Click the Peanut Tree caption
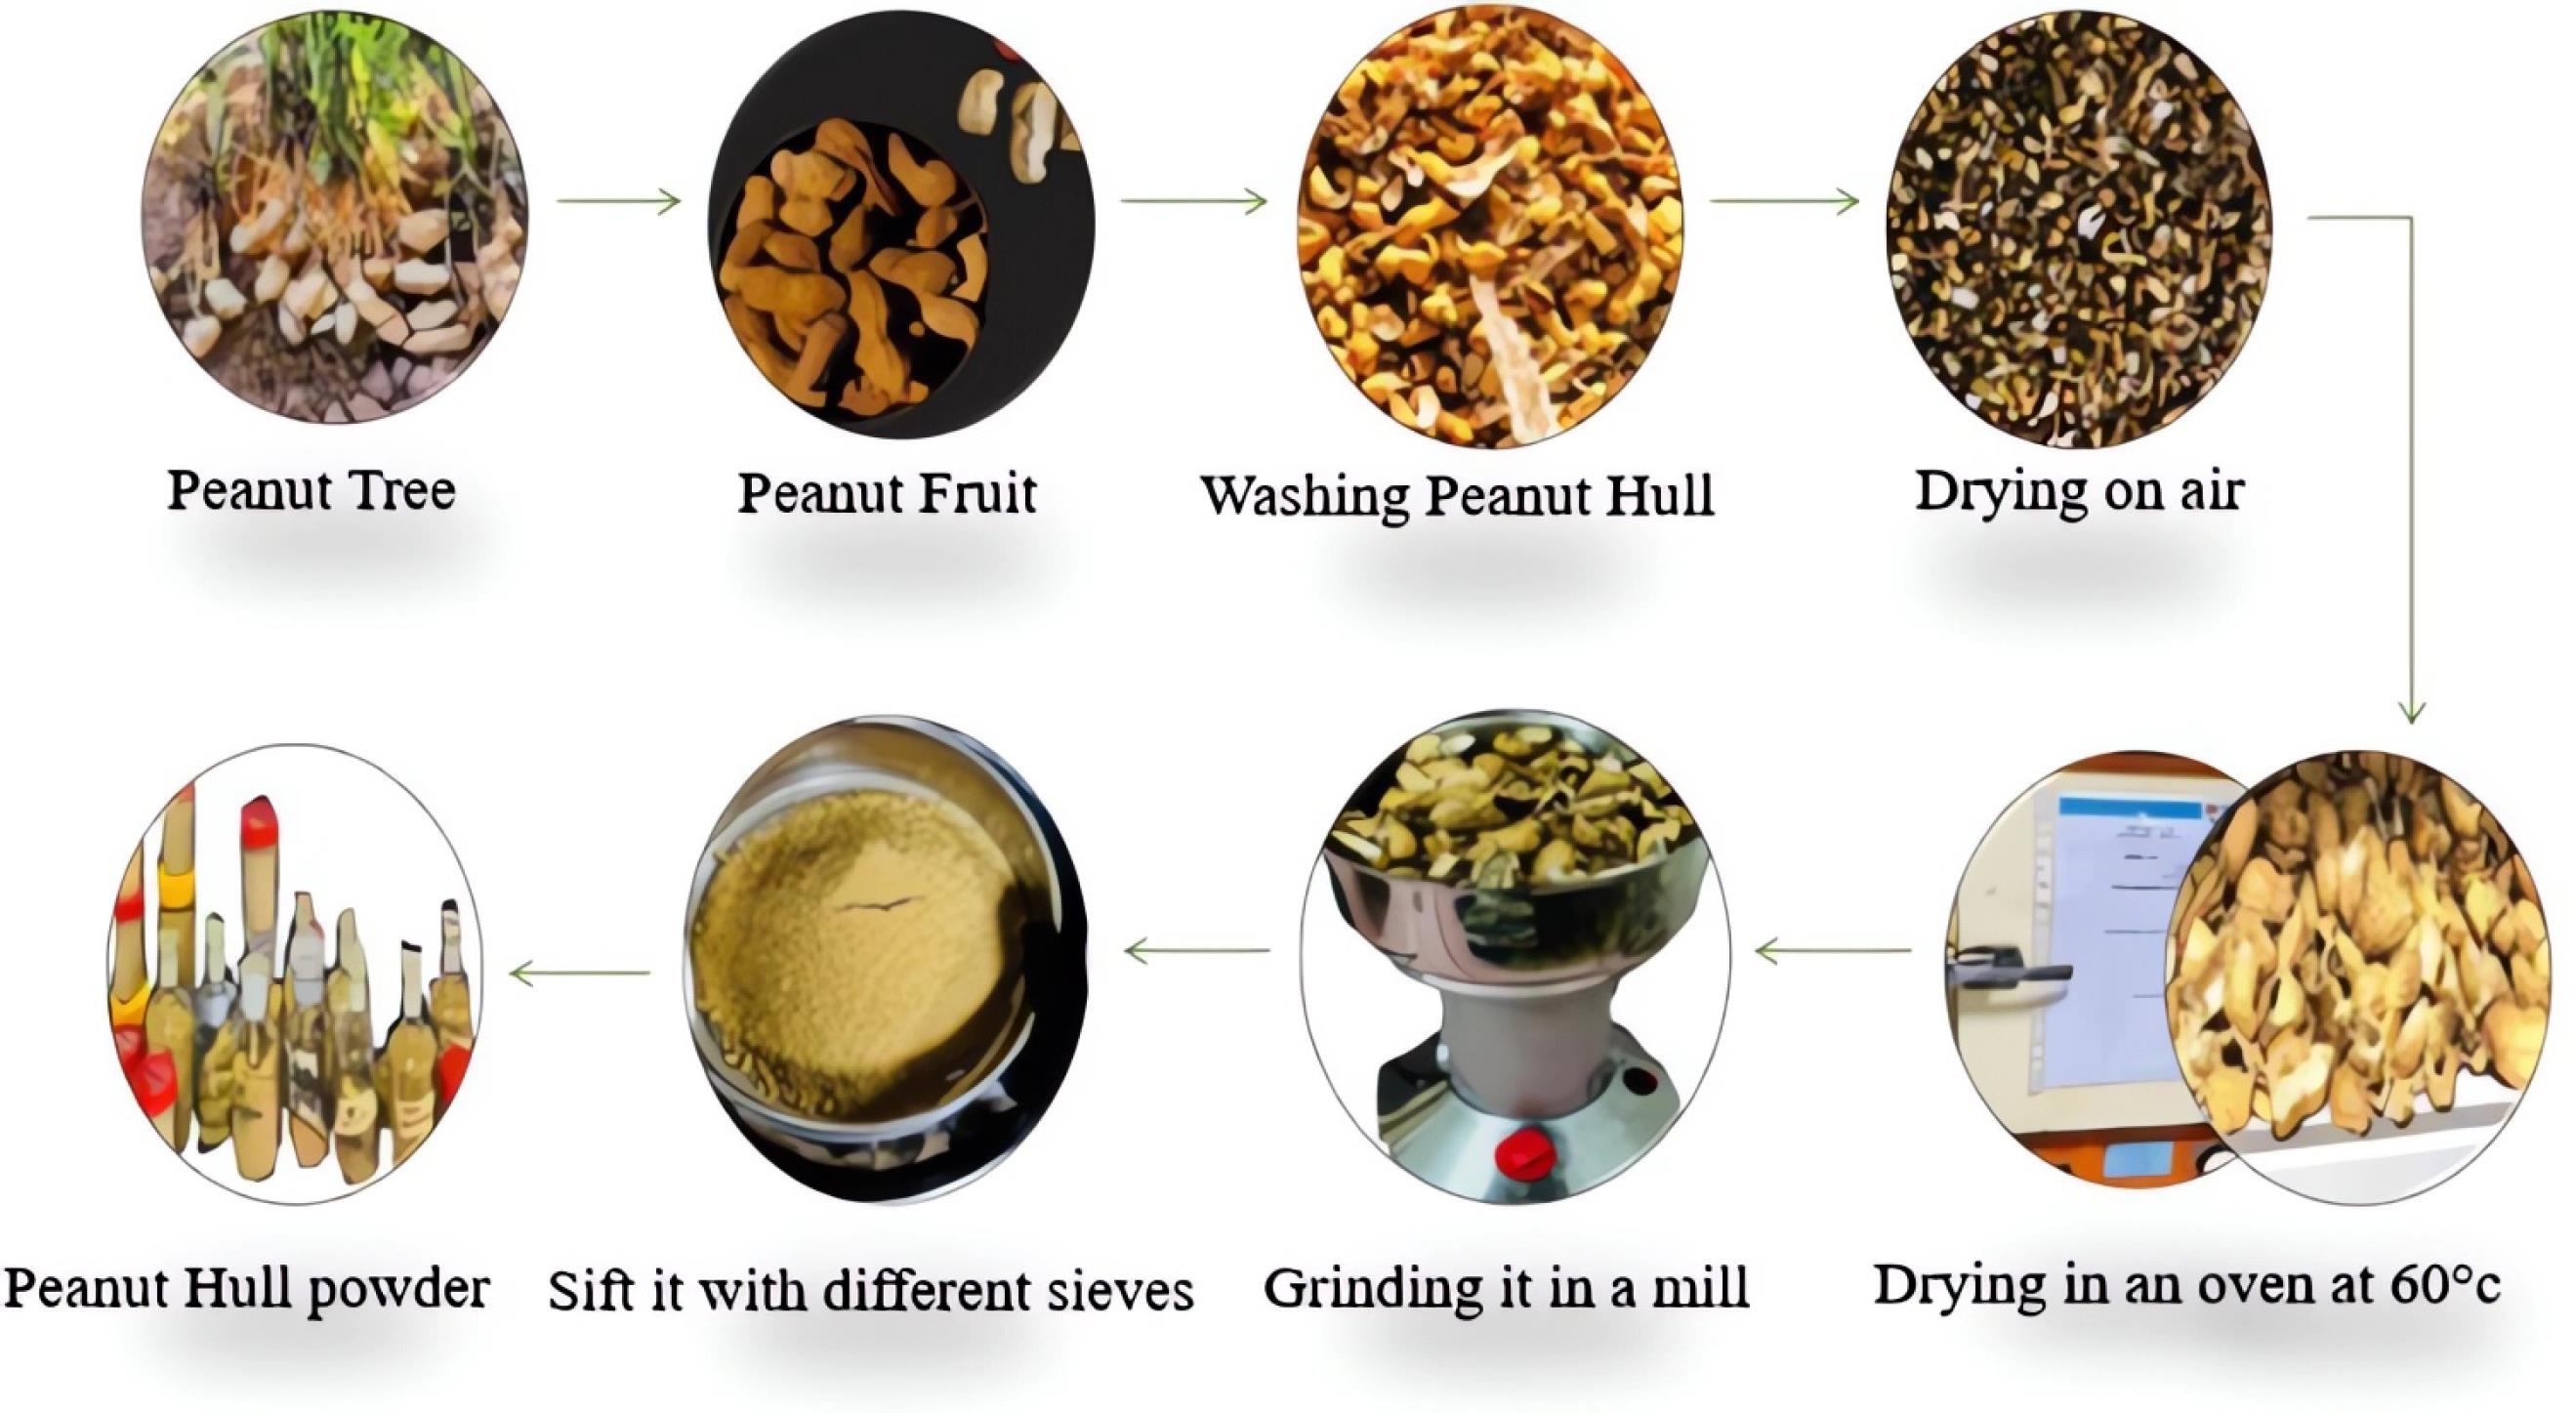point(311,489)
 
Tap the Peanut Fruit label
point(888,493)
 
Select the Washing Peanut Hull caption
point(1457,496)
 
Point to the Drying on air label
point(2079,491)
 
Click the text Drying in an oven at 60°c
point(2186,1285)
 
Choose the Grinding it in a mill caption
point(1506,1287)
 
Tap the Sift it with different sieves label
point(870,1290)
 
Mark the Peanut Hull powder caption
point(247,1288)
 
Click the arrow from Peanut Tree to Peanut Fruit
point(618,202)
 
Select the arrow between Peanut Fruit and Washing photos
point(1194,202)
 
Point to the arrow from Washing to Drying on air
point(1785,202)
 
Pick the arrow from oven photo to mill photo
point(1834,950)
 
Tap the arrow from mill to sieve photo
point(1197,950)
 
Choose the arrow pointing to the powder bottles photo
point(580,972)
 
